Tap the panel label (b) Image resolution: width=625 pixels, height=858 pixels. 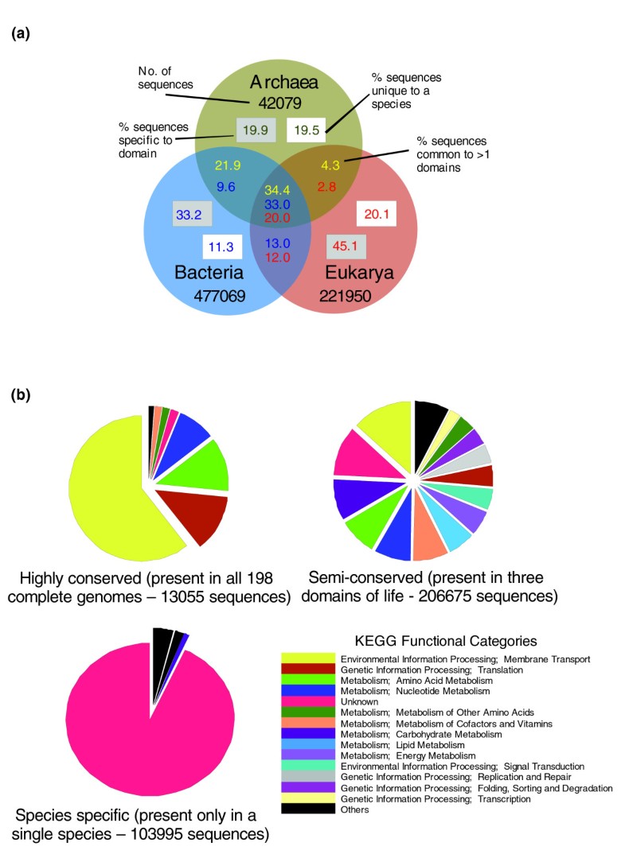[20, 393]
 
